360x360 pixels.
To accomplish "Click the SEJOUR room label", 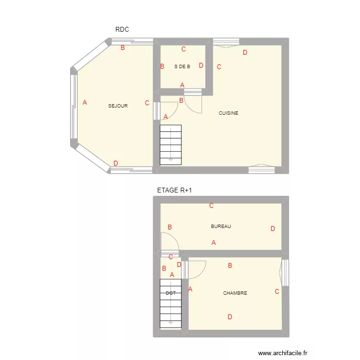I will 118,106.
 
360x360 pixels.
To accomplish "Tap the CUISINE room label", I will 228,113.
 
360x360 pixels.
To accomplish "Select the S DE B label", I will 182,67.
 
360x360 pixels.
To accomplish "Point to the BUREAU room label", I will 221,226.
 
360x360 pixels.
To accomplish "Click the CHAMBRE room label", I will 235,293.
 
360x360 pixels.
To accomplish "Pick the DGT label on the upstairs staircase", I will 170,293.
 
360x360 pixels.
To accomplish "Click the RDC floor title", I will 122,30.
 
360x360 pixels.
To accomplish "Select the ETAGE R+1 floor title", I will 175,191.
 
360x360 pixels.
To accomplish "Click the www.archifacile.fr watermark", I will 282,353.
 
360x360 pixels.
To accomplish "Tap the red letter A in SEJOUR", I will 85,102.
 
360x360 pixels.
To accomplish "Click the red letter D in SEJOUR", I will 116,163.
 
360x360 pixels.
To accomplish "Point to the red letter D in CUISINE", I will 245,53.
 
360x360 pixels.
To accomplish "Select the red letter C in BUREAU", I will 211,206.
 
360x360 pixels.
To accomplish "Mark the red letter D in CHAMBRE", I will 230,317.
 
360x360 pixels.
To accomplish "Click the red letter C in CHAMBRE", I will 277,291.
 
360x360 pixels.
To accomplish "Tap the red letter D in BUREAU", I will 273,229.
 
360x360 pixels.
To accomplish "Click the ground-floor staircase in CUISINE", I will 170,144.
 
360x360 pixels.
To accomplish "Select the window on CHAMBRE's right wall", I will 285,273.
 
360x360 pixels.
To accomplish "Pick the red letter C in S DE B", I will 183,49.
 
